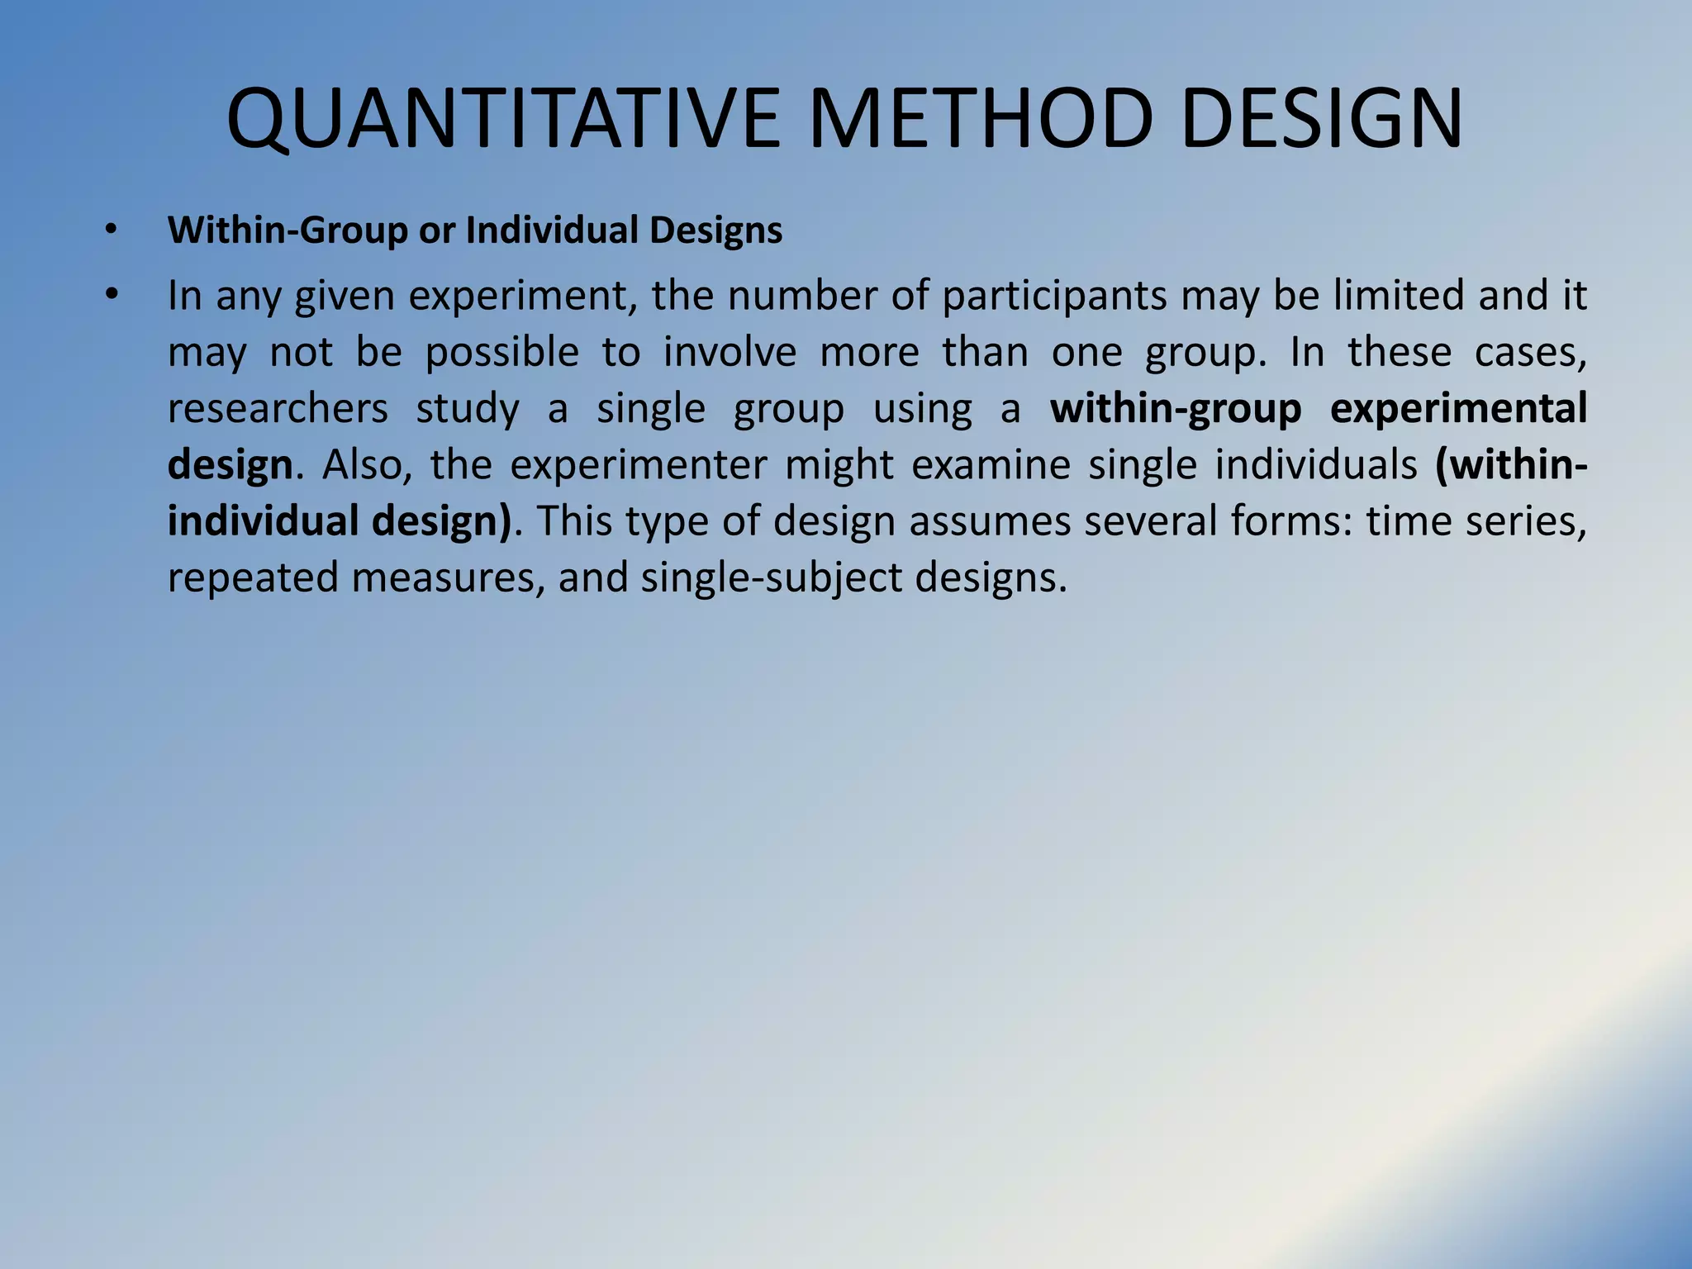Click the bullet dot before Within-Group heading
(x=112, y=230)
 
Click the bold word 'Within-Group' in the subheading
(x=288, y=230)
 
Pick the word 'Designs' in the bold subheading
(x=715, y=230)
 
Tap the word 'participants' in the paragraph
(x=1054, y=296)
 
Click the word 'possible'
(x=501, y=353)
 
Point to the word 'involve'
(x=730, y=353)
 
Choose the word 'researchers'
(x=278, y=409)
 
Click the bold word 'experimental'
(x=1458, y=409)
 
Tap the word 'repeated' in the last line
(x=252, y=577)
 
